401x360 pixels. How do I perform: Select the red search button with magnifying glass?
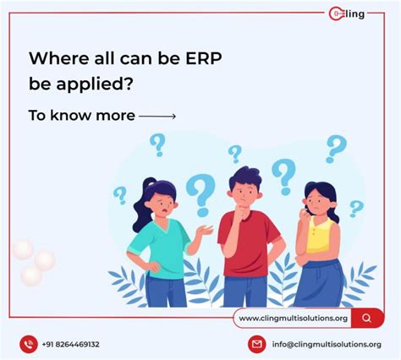(x=366, y=318)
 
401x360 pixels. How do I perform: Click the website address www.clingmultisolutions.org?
(x=293, y=318)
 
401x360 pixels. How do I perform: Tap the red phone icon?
(x=30, y=344)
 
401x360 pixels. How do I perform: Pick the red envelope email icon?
(x=255, y=344)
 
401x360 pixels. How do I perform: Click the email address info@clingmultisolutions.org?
(x=326, y=345)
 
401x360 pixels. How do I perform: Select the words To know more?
(x=81, y=115)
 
